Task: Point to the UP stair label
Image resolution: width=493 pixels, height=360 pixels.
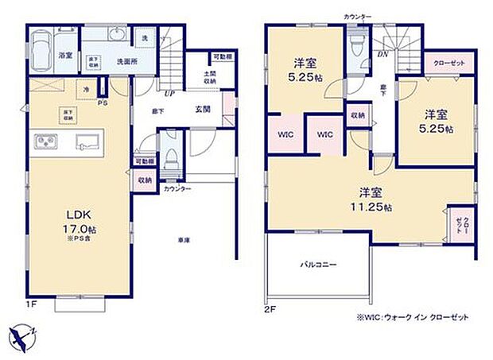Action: point(169,94)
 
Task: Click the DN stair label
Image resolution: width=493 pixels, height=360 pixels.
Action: point(382,55)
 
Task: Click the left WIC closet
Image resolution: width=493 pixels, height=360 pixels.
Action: point(285,134)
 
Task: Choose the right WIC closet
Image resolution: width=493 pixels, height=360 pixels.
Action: point(324,134)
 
